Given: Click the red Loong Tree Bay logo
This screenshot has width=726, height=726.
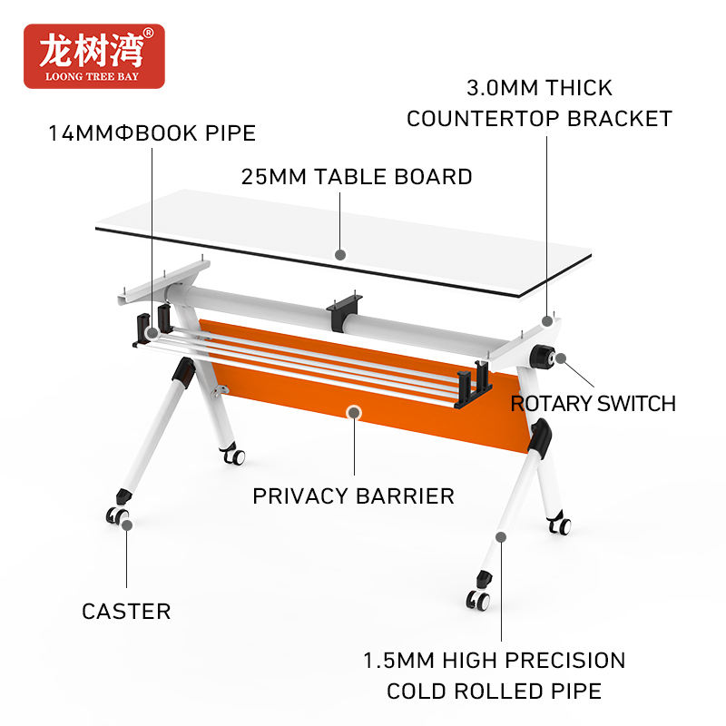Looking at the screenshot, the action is (94, 56).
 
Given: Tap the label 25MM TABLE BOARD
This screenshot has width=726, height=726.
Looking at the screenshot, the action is (357, 176).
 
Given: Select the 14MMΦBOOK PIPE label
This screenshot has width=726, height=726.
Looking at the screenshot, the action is (152, 133).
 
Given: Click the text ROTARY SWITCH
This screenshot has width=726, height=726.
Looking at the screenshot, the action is (594, 404).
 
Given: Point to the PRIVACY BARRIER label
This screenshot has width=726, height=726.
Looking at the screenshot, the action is (353, 496).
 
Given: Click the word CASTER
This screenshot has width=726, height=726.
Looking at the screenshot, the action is (126, 612).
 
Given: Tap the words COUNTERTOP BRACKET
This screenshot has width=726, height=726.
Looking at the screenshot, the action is (539, 119).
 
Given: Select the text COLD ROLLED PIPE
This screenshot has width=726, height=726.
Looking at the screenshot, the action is (494, 692).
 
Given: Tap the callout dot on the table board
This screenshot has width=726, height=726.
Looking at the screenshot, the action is (340, 255).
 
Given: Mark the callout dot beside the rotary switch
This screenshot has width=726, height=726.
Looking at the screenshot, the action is (563, 358).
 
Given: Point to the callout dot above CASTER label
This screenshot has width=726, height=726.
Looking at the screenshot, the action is (127, 524).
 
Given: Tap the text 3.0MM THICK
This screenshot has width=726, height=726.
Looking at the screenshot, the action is (539, 88).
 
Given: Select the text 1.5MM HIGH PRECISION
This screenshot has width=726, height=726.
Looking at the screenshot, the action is (494, 660).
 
